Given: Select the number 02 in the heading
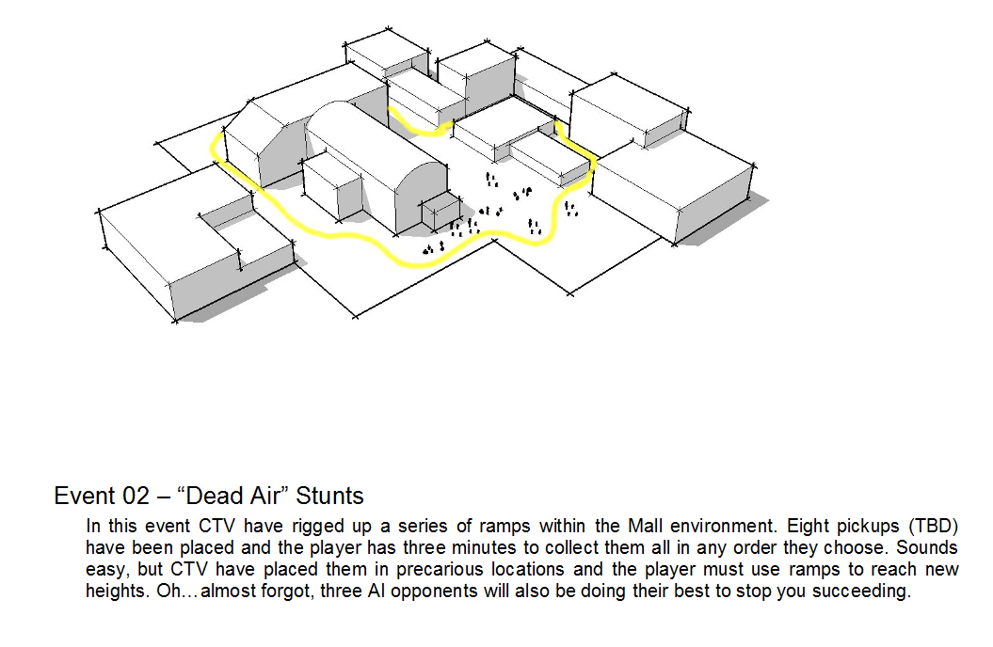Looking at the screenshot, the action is coord(136,496).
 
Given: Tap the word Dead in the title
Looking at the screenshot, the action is coord(211,496).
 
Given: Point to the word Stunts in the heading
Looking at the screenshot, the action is coord(330,496).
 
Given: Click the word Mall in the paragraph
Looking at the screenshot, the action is coord(645,527).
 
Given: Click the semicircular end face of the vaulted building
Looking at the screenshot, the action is coord(421,196).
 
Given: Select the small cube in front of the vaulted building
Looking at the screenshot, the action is coord(441,212).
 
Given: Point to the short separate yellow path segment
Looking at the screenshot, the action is coord(419,127).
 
